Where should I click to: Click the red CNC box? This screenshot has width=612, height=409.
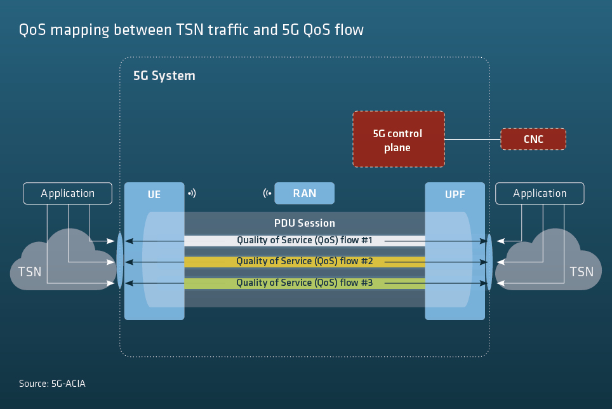(x=533, y=139)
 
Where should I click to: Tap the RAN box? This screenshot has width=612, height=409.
(x=304, y=194)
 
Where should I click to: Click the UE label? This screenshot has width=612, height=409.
(x=154, y=194)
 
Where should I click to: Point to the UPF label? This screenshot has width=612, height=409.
(x=455, y=194)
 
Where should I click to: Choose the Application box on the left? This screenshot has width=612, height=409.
(x=67, y=194)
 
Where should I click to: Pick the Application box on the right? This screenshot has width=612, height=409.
(x=540, y=194)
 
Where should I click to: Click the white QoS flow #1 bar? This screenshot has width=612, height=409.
(x=304, y=241)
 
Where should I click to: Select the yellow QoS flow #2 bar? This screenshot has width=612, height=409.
(x=304, y=262)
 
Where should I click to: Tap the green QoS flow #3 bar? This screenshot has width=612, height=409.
(x=304, y=283)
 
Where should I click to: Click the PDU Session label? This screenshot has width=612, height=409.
(x=304, y=224)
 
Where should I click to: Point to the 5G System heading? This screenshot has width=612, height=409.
(x=164, y=76)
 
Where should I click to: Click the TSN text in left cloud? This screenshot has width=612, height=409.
(x=29, y=272)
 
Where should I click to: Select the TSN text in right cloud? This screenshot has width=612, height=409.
(x=582, y=272)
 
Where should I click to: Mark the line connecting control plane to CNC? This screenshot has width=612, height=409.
(x=472, y=139)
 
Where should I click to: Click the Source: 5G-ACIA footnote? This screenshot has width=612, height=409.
(x=52, y=384)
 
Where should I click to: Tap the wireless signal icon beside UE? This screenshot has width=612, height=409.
(x=192, y=193)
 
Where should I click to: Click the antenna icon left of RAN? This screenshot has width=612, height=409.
(x=267, y=193)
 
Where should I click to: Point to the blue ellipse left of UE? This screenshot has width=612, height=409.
(x=119, y=262)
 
